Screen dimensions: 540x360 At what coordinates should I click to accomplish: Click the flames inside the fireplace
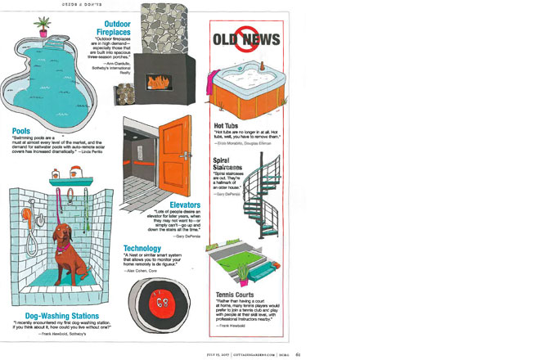[158, 81]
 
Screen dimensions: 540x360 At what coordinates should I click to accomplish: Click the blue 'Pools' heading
[21, 131]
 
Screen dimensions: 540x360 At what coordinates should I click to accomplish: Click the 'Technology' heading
[146, 249]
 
